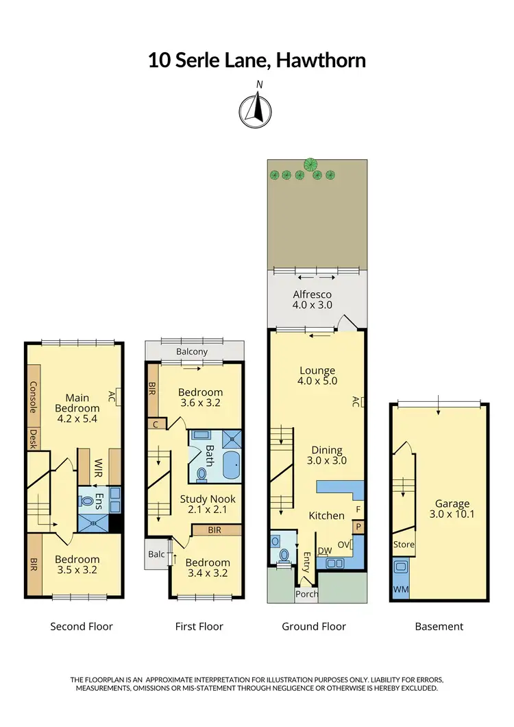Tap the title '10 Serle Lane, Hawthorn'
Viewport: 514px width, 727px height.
[x=257, y=60]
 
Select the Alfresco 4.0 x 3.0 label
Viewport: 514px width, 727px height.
[x=313, y=299]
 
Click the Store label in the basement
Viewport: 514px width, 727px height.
[x=403, y=545]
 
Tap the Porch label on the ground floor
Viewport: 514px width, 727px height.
[x=306, y=594]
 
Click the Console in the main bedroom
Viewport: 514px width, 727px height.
[x=33, y=397]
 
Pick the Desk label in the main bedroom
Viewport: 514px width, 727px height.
[x=33, y=439]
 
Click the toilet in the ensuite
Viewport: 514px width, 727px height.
[x=87, y=501]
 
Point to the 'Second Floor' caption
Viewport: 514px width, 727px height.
[x=82, y=626]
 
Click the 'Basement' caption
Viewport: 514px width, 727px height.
[x=439, y=626]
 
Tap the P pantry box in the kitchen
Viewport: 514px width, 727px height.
[x=357, y=527]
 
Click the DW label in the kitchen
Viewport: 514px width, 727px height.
[x=325, y=550]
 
